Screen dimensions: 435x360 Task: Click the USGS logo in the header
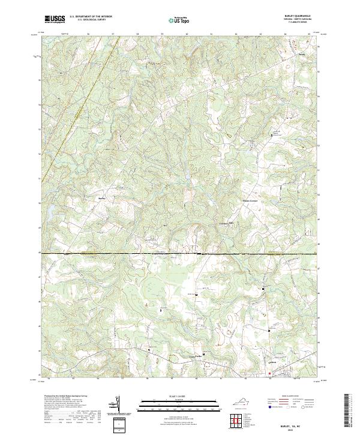(55, 19)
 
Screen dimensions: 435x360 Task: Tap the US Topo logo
(174, 19)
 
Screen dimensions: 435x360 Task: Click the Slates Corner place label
(233, 201)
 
